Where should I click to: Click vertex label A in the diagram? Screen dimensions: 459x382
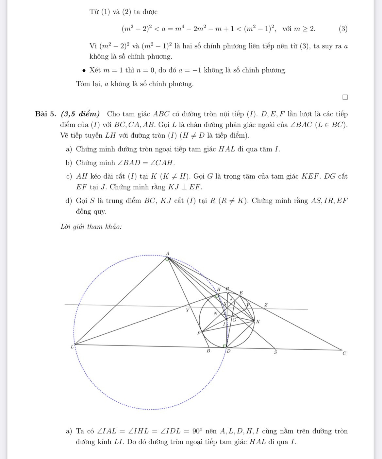(168, 253)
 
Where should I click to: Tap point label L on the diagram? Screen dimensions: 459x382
(72, 347)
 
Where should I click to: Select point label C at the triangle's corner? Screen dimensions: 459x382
(344, 353)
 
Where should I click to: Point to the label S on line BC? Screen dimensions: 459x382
(275, 352)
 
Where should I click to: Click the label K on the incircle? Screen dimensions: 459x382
(258, 322)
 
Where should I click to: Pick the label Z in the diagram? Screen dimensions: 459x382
(266, 305)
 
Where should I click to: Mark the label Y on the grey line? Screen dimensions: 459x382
(187, 310)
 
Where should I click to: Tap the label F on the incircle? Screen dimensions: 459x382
(198, 333)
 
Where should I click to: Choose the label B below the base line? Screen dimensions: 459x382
(208, 351)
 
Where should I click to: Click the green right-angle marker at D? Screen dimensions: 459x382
(225, 346)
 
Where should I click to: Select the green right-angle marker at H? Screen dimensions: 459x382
(216, 296)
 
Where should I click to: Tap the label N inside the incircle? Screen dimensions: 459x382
(215, 313)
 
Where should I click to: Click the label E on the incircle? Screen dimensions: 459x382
(241, 292)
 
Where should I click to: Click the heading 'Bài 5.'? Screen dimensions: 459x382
(45, 114)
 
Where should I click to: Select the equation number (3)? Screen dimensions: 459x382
(343, 29)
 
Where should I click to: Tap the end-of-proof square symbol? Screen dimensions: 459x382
(345, 97)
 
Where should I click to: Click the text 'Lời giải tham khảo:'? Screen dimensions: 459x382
(91, 226)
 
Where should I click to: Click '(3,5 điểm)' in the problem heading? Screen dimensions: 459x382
(80, 114)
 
